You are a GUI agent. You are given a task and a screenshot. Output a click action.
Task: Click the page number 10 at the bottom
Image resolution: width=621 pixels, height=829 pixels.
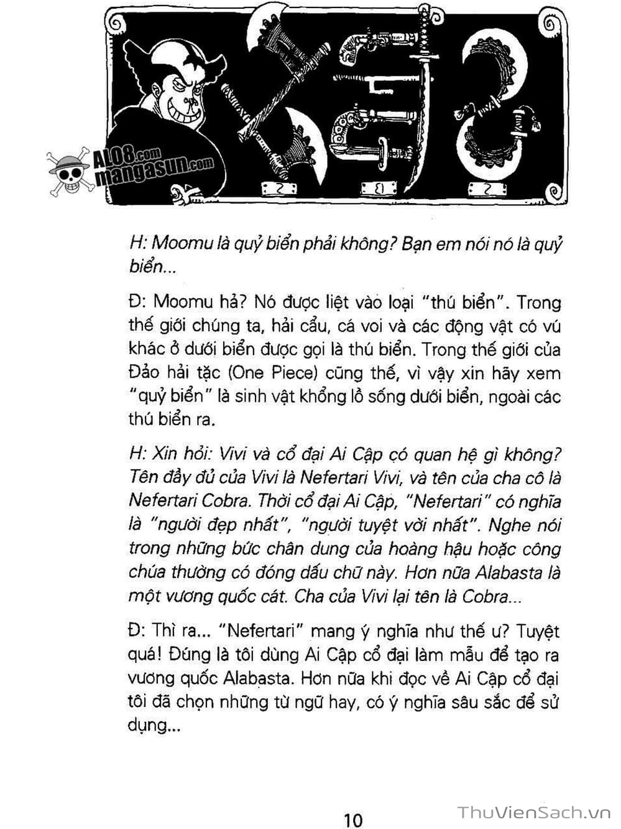tap(352, 819)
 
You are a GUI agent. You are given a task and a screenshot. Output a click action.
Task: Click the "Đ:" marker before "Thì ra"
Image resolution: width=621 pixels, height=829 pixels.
tap(137, 631)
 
